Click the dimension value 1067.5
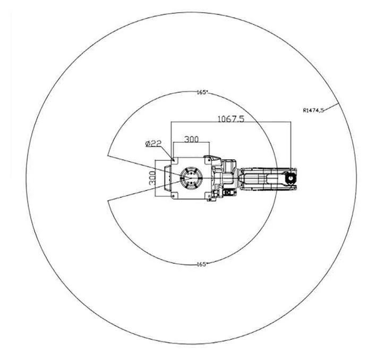click(230, 119)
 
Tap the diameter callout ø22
click(153, 143)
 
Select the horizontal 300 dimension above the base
click(191, 140)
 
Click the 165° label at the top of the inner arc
click(201, 92)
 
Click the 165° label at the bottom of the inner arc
click(201, 264)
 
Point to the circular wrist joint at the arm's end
click(291, 178)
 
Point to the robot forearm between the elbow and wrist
click(263, 178)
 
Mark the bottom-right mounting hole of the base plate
click(208, 196)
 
